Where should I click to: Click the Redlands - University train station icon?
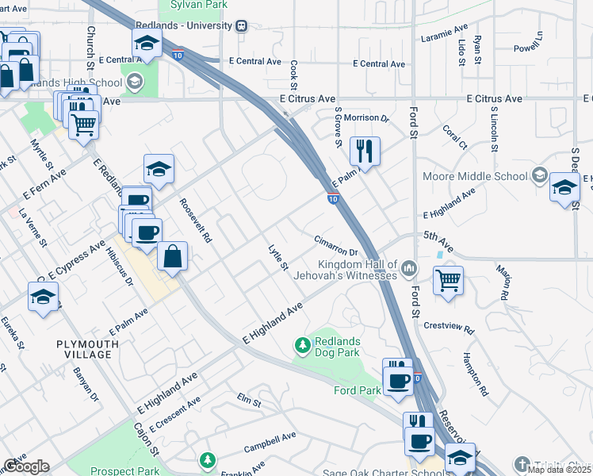pos(242,26)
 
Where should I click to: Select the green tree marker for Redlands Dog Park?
pos(302,345)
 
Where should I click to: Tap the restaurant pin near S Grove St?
pos(364,149)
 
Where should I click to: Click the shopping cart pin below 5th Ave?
pos(448,280)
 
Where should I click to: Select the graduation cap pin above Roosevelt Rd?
pos(159,169)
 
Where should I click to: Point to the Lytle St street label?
pos(277,257)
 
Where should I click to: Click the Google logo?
pos(26,466)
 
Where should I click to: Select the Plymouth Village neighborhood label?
pos(87,349)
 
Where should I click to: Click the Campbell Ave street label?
pos(270,436)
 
